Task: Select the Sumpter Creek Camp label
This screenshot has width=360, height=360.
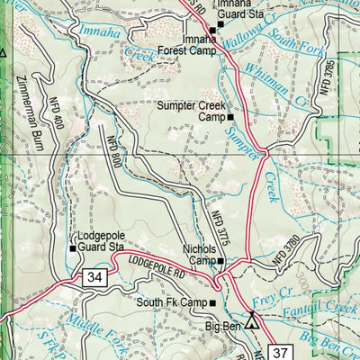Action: click(190, 112)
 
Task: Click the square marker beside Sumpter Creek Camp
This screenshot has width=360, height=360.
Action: click(230, 117)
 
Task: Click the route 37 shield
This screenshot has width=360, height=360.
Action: click(282, 350)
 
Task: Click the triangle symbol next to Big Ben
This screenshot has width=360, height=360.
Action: click(251, 320)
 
